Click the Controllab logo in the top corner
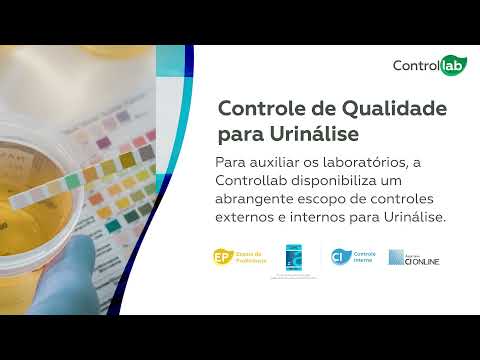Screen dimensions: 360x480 click(x=429, y=67)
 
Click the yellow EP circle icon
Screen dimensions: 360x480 click(x=223, y=256)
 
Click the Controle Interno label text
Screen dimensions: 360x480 click(x=366, y=256)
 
